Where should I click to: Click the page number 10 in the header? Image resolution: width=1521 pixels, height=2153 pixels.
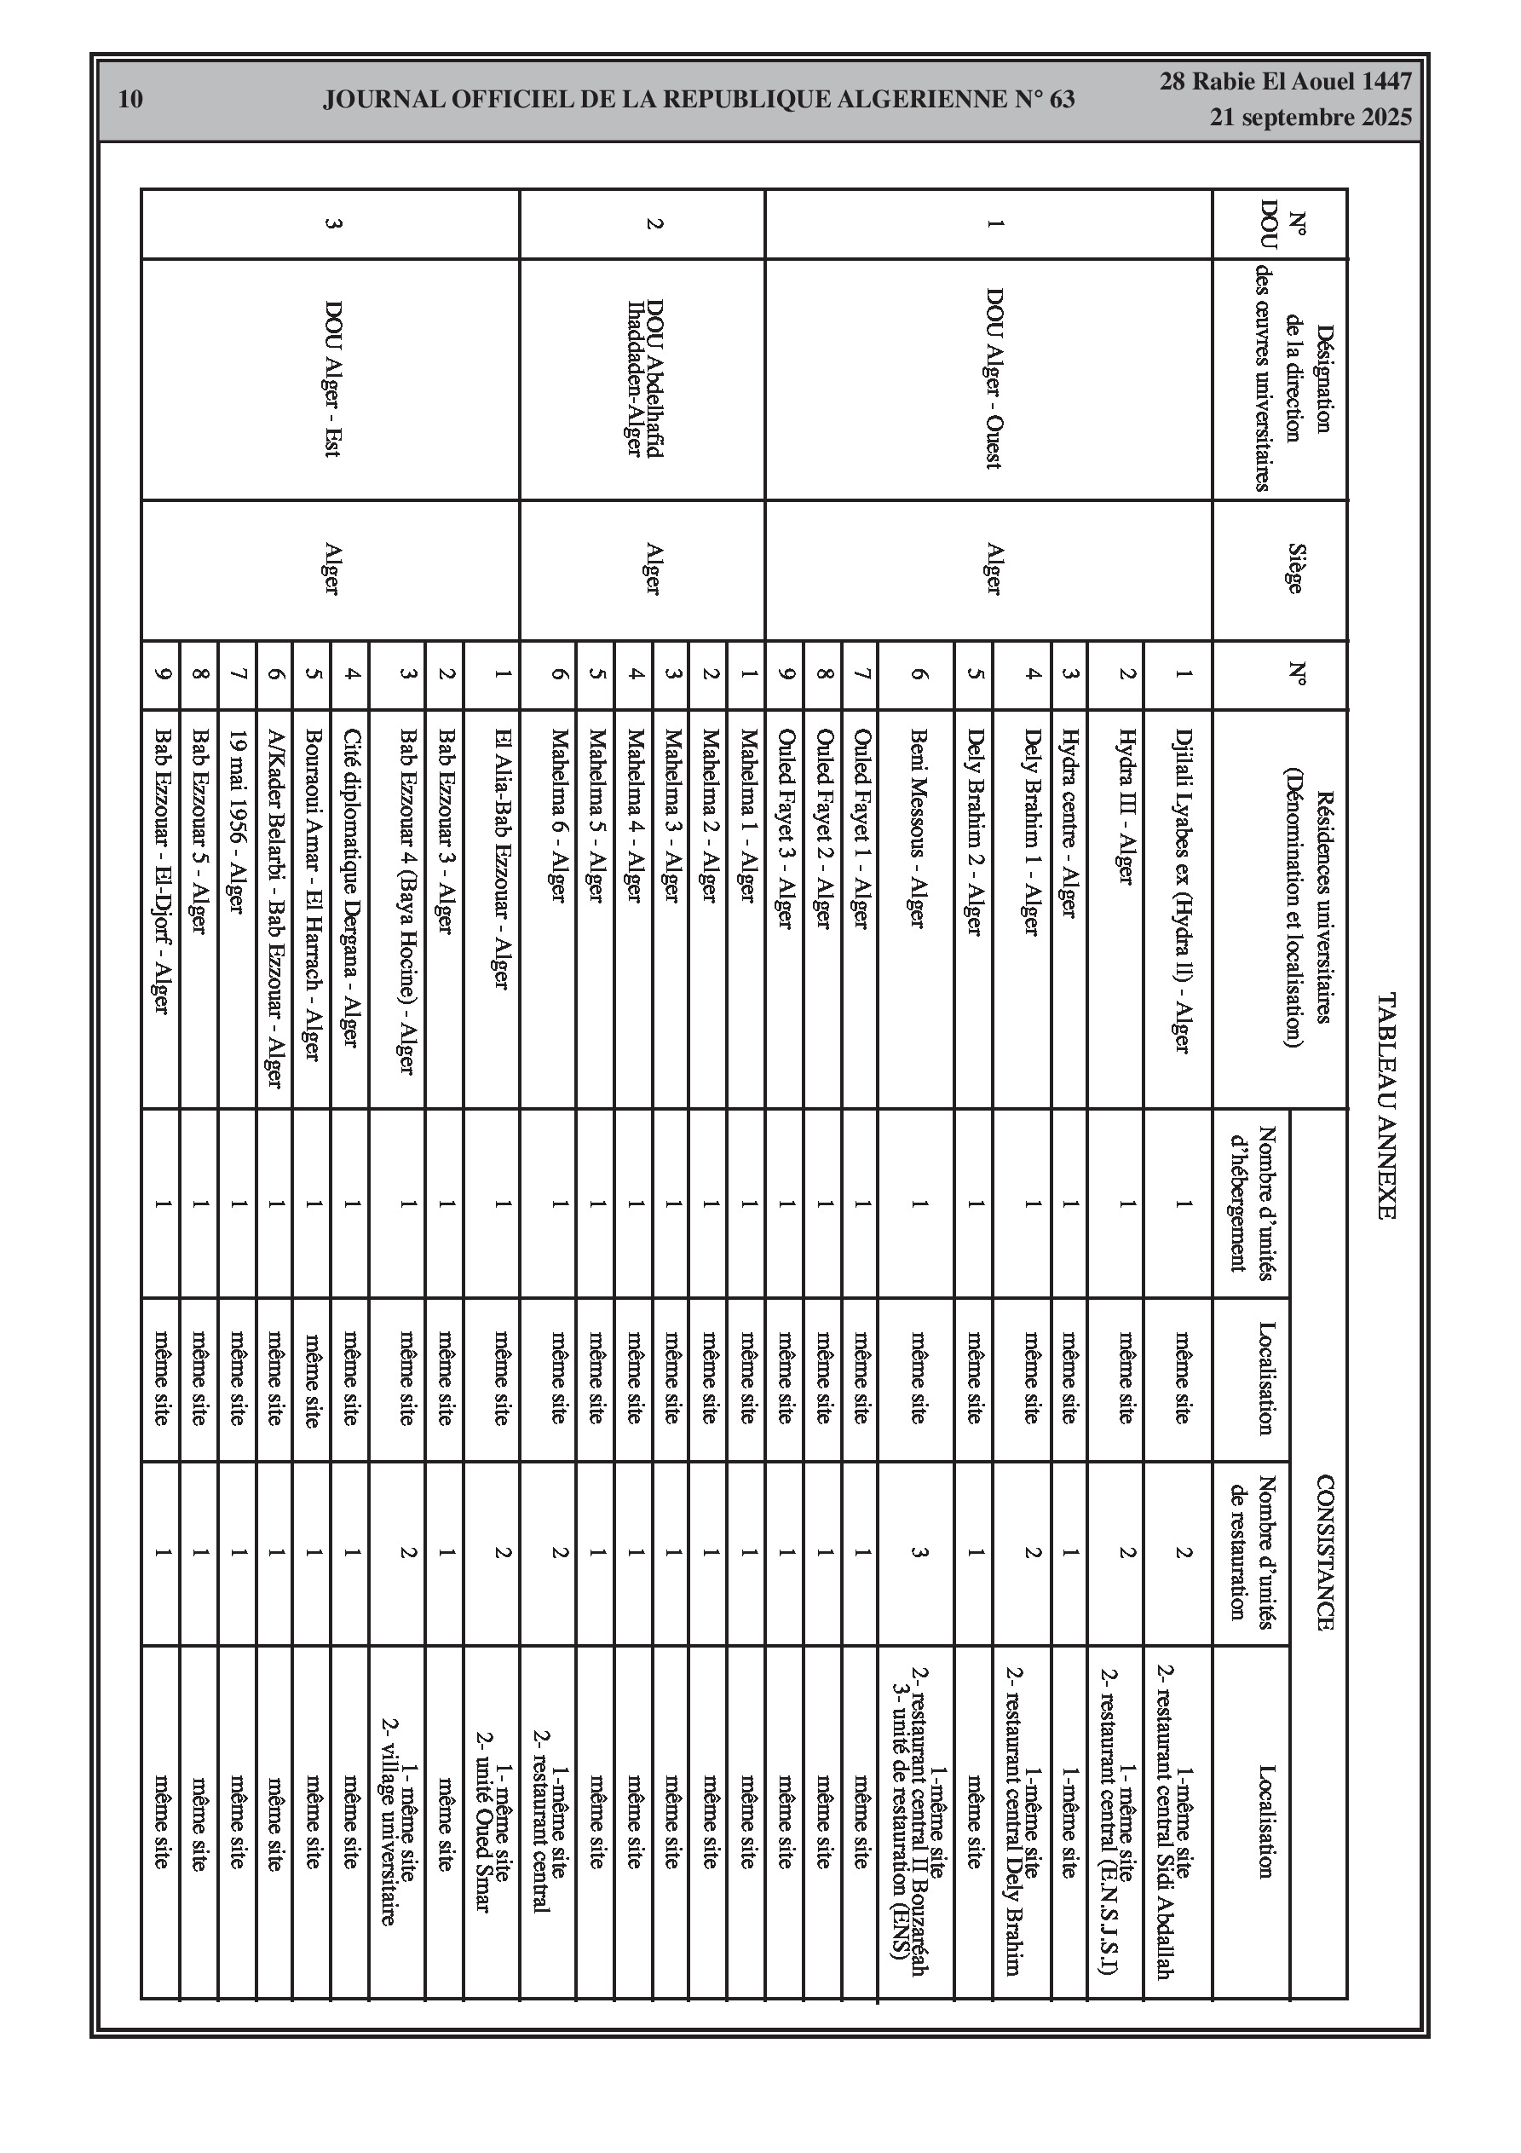click(x=131, y=99)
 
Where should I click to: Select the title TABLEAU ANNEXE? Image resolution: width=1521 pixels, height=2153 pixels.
click(x=1386, y=1105)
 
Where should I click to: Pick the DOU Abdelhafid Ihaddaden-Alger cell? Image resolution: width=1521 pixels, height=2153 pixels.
click(x=644, y=378)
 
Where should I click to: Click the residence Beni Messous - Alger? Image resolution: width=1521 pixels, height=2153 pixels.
click(x=917, y=828)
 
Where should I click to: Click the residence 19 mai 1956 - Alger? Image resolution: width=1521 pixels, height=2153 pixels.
click(x=237, y=821)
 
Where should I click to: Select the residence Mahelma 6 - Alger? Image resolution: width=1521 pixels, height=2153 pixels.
click(x=558, y=815)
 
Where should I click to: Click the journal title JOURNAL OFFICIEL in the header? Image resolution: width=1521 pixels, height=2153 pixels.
click(x=698, y=100)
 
